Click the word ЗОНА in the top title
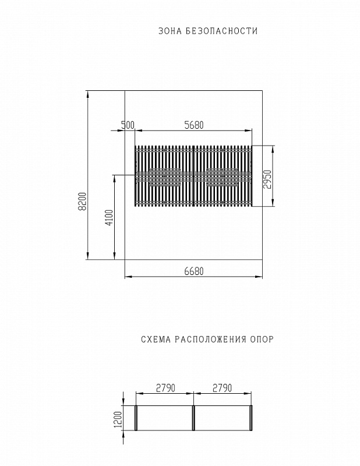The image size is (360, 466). (170, 31)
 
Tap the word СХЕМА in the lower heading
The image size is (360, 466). (154, 339)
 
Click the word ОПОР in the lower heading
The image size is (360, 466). (262, 339)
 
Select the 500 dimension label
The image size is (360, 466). (128, 125)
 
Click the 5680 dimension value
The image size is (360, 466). (193, 125)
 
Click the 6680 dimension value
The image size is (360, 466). (193, 270)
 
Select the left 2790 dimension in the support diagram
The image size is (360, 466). (165, 387)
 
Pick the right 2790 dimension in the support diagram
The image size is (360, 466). (222, 387)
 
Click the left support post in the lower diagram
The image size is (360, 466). (136, 418)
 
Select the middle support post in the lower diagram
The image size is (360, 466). (193, 418)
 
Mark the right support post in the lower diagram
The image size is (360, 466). (251, 418)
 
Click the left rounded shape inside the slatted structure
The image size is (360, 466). (165, 176)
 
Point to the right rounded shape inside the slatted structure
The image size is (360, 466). (222, 176)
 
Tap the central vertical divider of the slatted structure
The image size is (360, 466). (193, 176)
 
